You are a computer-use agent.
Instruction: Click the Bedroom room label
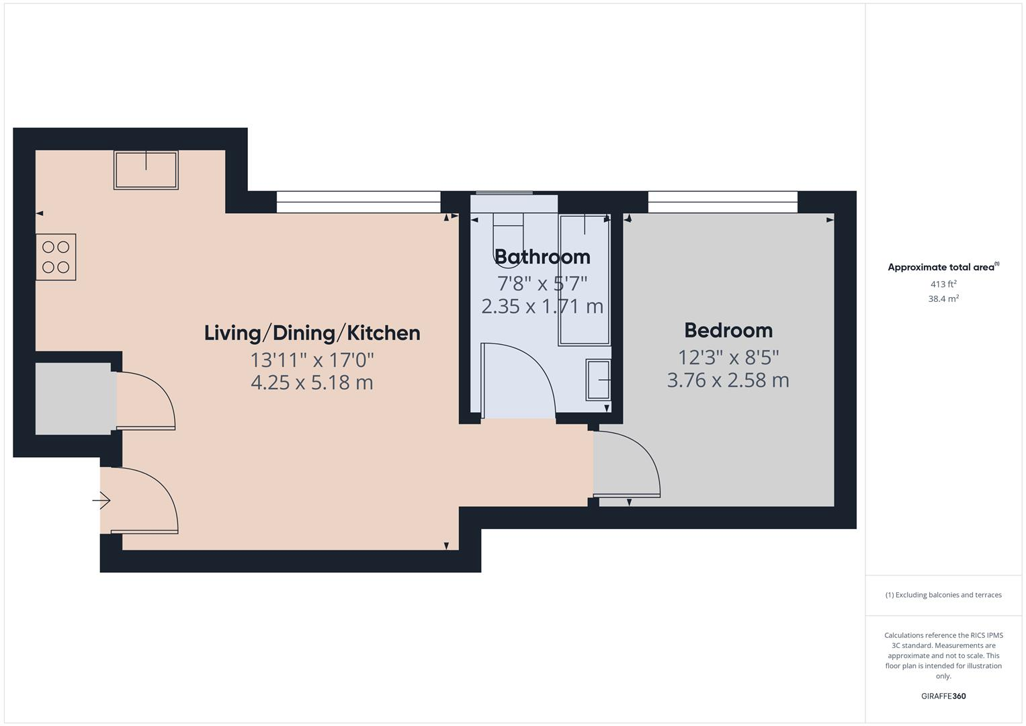[x=728, y=330]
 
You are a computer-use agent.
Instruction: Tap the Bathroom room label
[x=542, y=257]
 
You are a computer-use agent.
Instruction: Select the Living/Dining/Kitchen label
[x=312, y=333]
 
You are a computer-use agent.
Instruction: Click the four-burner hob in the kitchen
[x=56, y=257]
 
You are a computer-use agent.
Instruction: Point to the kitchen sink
[x=146, y=170]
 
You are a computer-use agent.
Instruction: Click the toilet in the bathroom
[x=507, y=235]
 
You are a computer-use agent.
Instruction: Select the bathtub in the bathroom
[x=585, y=280]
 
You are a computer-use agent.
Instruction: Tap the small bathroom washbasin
[x=599, y=380]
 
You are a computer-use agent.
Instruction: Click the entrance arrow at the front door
[x=101, y=501]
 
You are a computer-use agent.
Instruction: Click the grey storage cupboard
[x=73, y=399]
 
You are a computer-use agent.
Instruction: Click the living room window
[x=358, y=202]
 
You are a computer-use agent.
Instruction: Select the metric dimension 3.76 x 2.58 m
[x=728, y=380]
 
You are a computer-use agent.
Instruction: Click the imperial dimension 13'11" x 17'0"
[x=312, y=360]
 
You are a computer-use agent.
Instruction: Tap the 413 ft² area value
[x=943, y=284]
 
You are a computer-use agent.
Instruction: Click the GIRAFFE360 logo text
[x=943, y=696]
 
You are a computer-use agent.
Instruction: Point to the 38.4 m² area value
[x=943, y=299]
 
